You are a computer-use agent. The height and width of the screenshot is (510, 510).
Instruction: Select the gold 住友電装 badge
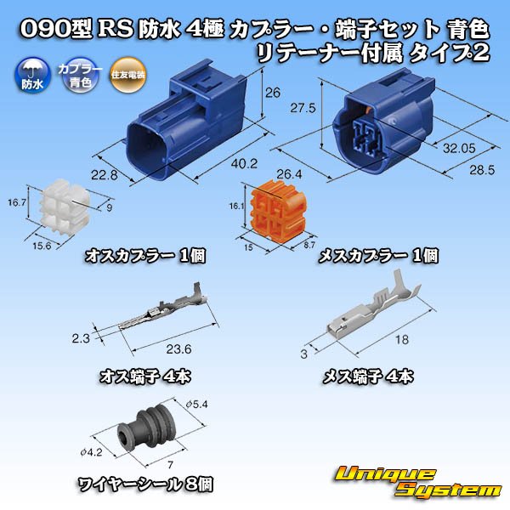click(x=127, y=76)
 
